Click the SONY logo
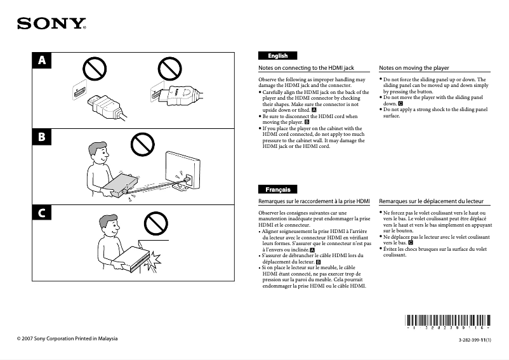[x=51, y=23]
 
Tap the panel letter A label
[x=42, y=60]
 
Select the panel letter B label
[x=42, y=137]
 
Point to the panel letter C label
[x=42, y=213]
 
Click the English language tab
[x=277, y=55]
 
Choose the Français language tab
[x=277, y=189]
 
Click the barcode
[x=447, y=322]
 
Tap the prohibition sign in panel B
[x=143, y=145]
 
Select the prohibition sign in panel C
[x=156, y=223]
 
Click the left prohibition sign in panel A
[x=95, y=69]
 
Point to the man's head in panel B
[x=98, y=154]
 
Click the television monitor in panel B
[x=182, y=170]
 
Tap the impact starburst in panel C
[x=152, y=262]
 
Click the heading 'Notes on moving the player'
[x=414, y=68]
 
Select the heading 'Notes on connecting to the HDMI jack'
[x=306, y=68]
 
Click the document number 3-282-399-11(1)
[x=475, y=340]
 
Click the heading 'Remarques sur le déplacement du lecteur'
[x=431, y=201]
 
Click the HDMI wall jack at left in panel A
[x=79, y=90]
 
